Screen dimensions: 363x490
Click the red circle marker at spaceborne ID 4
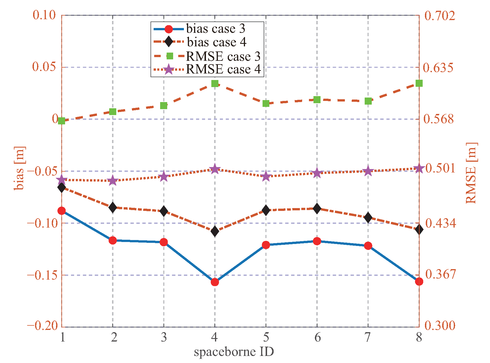(215, 282)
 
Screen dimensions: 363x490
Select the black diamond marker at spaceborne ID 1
(62, 187)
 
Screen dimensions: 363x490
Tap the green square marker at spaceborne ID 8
(419, 83)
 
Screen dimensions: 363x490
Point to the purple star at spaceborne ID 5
(266, 177)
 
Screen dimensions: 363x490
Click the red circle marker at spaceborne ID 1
(62, 211)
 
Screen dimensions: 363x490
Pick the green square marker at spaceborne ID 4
(215, 83)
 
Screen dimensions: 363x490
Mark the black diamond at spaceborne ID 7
(368, 218)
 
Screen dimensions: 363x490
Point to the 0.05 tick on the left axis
(44, 67)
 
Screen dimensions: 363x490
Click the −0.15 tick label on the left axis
(42, 275)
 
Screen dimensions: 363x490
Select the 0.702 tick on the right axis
(440, 15)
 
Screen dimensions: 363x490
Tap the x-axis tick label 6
(317, 337)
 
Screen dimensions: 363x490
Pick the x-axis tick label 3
(164, 337)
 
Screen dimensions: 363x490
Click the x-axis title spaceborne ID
(234, 352)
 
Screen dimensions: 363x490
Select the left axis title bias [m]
(20, 168)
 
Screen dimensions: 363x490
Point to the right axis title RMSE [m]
(471, 173)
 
